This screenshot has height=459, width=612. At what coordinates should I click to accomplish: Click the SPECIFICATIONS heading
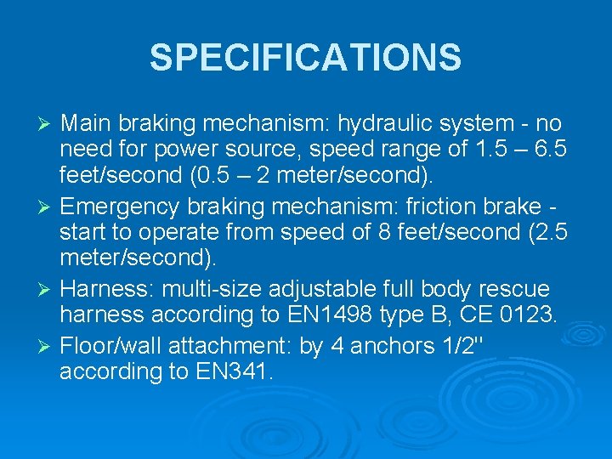point(305,58)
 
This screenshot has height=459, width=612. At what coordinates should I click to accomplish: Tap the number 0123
point(526,316)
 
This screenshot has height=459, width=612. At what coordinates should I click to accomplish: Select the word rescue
point(516,290)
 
